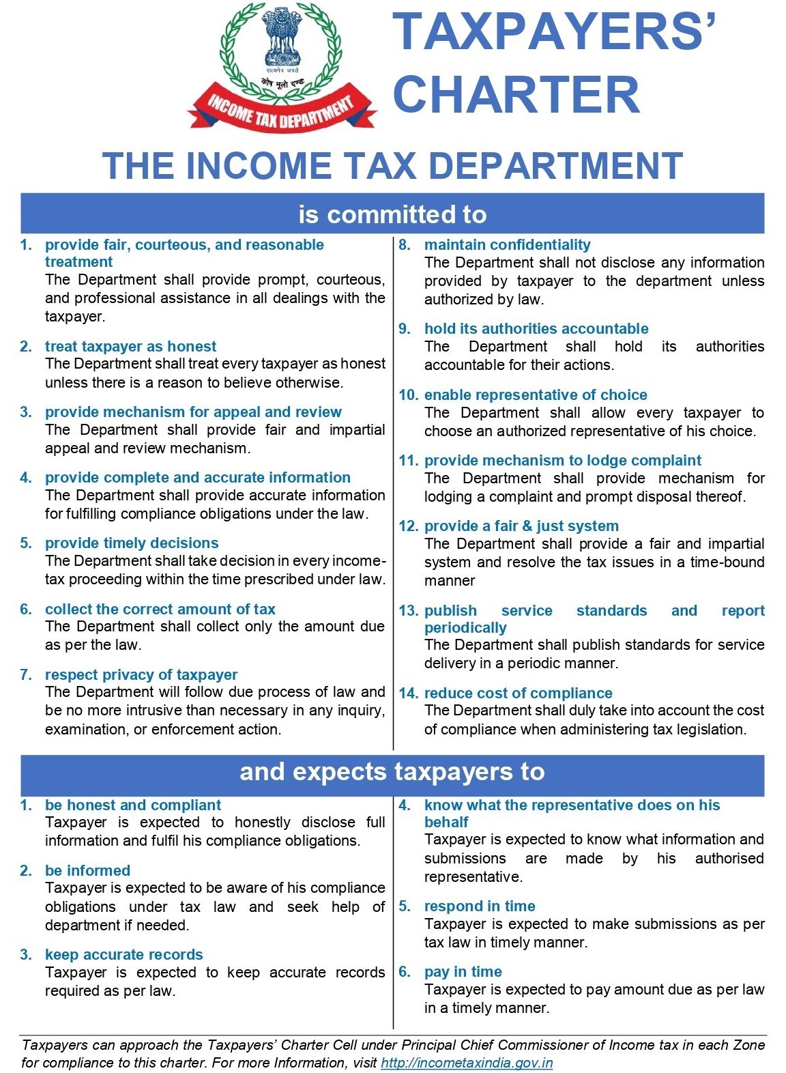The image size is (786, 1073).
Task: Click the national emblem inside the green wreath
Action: click(282, 38)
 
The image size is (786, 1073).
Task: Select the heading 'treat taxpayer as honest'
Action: click(130, 346)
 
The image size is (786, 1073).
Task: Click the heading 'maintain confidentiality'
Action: click(507, 244)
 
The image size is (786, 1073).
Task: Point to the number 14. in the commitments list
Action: click(409, 693)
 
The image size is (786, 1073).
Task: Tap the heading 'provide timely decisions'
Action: click(132, 543)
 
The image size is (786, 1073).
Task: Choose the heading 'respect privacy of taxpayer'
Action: click(141, 674)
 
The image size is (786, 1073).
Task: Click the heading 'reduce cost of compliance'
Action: click(518, 693)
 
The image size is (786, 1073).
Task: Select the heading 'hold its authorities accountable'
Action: click(536, 328)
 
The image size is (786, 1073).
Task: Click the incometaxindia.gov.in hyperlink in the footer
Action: click(467, 1062)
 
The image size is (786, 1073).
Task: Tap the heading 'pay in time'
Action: click(463, 971)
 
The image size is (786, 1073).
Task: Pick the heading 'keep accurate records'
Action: click(123, 954)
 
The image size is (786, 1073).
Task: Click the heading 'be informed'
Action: click(87, 870)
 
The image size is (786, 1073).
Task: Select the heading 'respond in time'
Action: click(480, 906)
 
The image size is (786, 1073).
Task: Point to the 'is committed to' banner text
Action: click(392, 214)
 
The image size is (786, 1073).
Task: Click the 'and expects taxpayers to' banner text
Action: click(392, 771)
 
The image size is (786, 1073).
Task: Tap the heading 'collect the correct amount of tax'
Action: click(160, 609)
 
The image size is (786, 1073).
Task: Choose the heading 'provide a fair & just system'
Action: click(521, 526)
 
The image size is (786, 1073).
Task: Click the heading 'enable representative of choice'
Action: click(536, 395)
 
